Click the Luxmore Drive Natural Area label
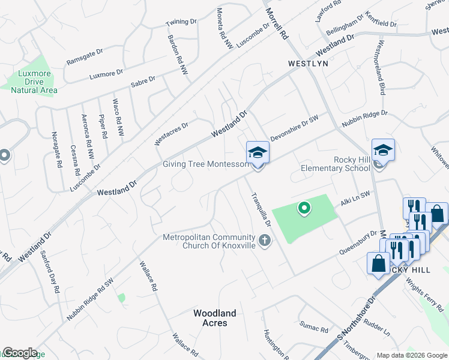[34, 82]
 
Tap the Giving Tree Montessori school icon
[258, 152]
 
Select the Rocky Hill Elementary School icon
[383, 150]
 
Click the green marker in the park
[304, 208]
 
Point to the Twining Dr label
[181, 22]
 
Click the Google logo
[20, 353]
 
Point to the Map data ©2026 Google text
[412, 355]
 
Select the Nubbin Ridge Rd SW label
[91, 298]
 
